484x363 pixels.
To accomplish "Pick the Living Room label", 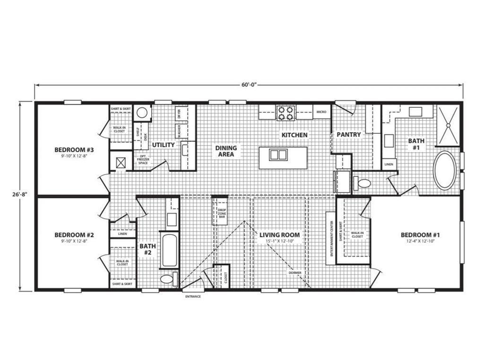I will click(x=279, y=235).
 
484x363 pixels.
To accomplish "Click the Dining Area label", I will click(x=226, y=151).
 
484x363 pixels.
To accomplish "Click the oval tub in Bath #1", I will click(x=445, y=170).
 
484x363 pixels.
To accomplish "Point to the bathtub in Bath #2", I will click(x=169, y=251).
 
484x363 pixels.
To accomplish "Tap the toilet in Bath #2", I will click(x=168, y=279).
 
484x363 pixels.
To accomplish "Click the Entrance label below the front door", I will click(x=192, y=296).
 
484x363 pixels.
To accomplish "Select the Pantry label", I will click(x=348, y=135).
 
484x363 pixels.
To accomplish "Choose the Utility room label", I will click(x=163, y=145).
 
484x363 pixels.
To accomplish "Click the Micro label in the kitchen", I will click(x=321, y=112).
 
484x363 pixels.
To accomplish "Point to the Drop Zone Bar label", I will click(x=221, y=212).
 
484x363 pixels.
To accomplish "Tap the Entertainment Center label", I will click(x=331, y=239).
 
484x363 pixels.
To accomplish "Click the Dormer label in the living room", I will click(x=295, y=273).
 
